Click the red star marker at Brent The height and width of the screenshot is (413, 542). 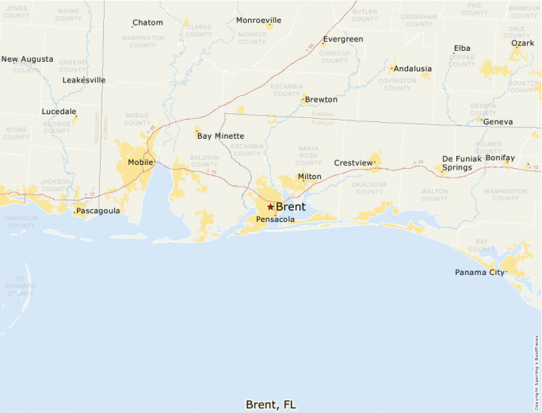pyautogui.click(x=270, y=207)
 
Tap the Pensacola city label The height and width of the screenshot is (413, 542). pyautogui.click(x=276, y=220)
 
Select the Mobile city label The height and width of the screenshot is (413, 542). pyautogui.click(x=140, y=163)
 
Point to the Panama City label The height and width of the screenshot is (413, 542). pyautogui.click(x=479, y=273)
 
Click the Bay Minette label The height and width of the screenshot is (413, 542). pyautogui.click(x=220, y=136)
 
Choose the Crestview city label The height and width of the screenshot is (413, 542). pyautogui.click(x=353, y=163)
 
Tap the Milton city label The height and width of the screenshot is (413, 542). pyautogui.click(x=310, y=177)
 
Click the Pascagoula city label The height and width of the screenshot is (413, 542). pyautogui.click(x=97, y=211)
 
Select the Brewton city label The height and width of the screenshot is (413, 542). pyautogui.click(x=321, y=100)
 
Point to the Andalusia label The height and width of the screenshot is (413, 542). pyautogui.click(x=412, y=69)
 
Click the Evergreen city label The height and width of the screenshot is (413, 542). pyautogui.click(x=343, y=39)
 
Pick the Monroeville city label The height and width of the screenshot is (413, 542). pyautogui.click(x=258, y=20)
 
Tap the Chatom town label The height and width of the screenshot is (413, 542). pyautogui.click(x=147, y=23)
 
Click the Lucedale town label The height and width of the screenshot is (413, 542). pyautogui.click(x=59, y=112)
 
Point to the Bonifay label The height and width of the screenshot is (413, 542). pyautogui.click(x=500, y=159)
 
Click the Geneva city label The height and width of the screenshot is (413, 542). pyautogui.click(x=498, y=122)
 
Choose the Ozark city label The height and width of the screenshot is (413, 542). pyautogui.click(x=522, y=43)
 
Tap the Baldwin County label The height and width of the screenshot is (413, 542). pyautogui.click(x=204, y=161)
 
